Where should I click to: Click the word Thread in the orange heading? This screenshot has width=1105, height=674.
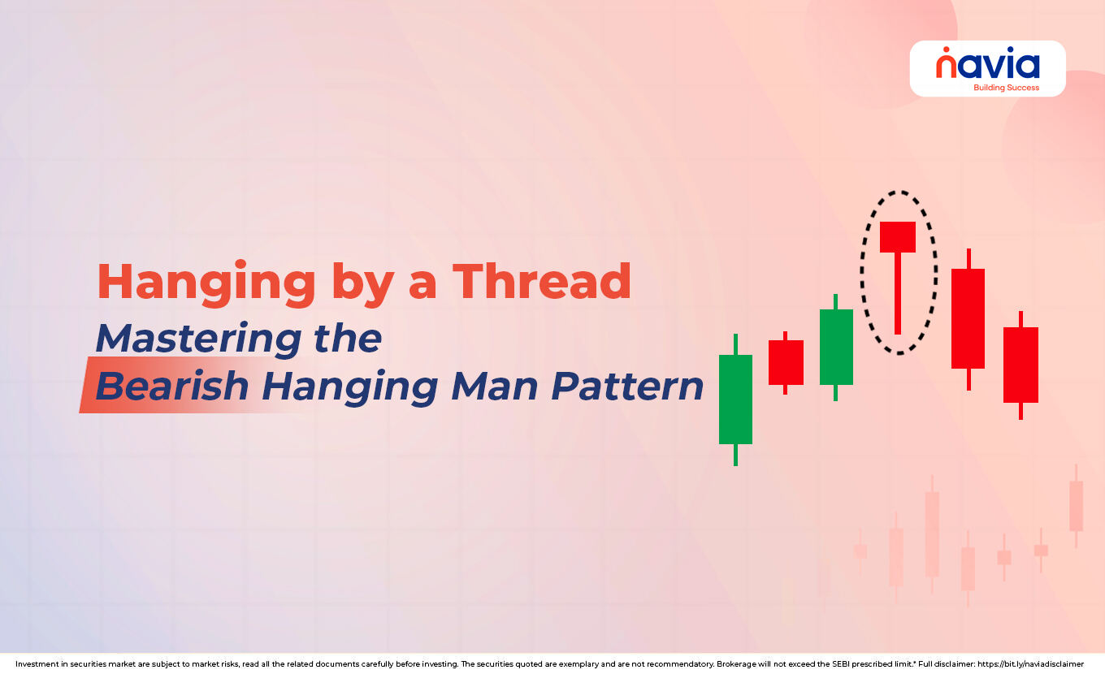541,282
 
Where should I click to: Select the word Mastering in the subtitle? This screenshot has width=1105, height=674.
200,338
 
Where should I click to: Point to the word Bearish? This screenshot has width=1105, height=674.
171,387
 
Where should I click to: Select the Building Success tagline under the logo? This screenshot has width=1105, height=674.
1006,87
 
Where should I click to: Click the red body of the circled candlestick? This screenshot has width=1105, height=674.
898,236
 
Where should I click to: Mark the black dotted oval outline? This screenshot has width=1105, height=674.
863,272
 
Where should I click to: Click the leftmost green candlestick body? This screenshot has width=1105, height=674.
735,399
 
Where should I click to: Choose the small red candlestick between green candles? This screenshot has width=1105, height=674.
786,362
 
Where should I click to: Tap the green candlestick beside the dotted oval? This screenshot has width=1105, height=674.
836,347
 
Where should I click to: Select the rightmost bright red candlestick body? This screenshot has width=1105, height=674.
1020,365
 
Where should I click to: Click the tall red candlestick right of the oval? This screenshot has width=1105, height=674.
968,318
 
